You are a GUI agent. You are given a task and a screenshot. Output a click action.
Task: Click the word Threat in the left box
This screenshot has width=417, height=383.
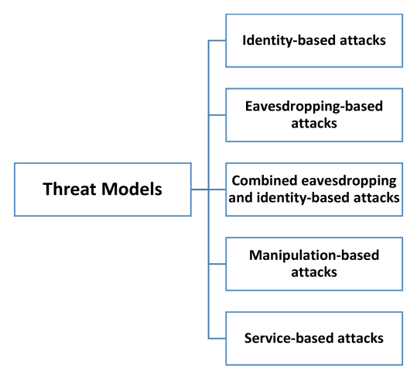pyautogui.click(x=69, y=189)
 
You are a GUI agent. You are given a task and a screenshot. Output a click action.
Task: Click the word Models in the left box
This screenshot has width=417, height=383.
pyautogui.click(x=132, y=189)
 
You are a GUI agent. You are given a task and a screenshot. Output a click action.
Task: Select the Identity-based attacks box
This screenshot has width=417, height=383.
pyautogui.click(x=314, y=41)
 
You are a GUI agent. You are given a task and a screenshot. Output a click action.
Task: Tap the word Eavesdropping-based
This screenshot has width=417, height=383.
pyautogui.click(x=314, y=107)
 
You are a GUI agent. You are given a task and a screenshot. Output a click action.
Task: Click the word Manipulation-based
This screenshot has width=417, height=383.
pyautogui.click(x=314, y=255)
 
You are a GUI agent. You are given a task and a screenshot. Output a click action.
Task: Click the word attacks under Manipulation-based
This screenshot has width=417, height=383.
pyautogui.click(x=314, y=272)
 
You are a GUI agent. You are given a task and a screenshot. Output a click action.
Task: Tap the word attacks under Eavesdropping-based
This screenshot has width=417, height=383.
pyautogui.click(x=314, y=124)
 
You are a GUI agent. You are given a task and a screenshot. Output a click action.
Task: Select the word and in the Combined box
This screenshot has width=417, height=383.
pyautogui.click(x=241, y=197)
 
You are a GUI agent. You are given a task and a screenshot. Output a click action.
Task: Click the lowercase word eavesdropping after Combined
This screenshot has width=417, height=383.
pyautogui.click(x=349, y=181)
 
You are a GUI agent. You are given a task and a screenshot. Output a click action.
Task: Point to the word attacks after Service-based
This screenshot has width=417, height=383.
pyautogui.click(x=361, y=338)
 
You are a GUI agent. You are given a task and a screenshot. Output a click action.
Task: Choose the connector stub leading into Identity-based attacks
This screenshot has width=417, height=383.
pyautogui.click(x=217, y=41)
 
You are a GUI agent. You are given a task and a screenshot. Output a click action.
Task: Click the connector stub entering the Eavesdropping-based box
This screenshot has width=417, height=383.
pyautogui.click(x=217, y=115)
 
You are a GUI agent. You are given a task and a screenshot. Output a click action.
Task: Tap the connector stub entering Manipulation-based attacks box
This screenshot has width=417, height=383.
pyautogui.click(x=217, y=264)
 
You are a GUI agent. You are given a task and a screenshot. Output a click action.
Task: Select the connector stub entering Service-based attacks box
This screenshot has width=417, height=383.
pyautogui.click(x=217, y=339)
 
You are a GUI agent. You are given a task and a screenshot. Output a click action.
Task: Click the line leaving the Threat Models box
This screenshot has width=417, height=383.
pyautogui.click(x=200, y=190)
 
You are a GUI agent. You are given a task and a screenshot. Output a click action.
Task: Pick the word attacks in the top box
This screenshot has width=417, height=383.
pyautogui.click(x=363, y=40)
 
